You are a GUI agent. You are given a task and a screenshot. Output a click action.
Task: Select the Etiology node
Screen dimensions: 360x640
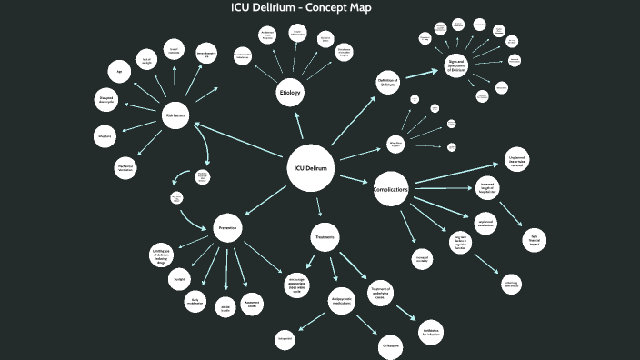[x=290, y=94]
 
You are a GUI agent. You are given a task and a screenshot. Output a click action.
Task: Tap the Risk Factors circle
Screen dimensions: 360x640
[x=175, y=115]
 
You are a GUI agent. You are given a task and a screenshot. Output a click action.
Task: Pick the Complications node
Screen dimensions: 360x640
[x=391, y=189]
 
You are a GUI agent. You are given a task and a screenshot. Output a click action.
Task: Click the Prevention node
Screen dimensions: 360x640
[x=227, y=226]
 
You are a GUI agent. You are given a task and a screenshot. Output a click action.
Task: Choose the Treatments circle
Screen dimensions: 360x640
[x=325, y=237]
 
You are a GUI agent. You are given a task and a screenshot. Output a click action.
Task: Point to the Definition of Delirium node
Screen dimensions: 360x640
[x=388, y=83]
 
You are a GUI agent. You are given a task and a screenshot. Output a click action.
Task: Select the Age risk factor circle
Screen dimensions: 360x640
[x=119, y=71]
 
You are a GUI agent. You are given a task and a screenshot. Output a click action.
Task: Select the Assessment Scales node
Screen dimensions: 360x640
[x=253, y=305]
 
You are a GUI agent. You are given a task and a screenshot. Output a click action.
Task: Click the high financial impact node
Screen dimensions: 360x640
[x=534, y=240]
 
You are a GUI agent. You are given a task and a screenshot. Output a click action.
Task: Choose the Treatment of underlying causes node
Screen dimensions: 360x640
[x=380, y=292]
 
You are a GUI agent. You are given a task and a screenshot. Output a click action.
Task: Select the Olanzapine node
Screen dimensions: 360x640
[x=389, y=346]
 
